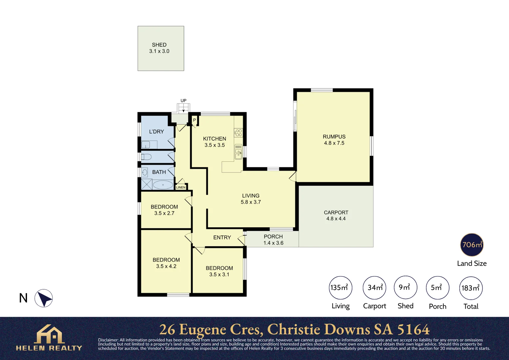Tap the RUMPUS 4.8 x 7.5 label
click(334, 140)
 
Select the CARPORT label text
click(336, 212)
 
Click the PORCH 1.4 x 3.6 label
click(273, 240)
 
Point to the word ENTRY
click(222, 237)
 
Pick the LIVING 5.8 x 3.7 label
click(251, 199)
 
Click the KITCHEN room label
click(215, 139)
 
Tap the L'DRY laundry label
click(156, 131)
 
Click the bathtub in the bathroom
click(163, 185)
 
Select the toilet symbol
click(146, 157)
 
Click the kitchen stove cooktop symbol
click(239, 133)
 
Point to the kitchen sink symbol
click(239, 152)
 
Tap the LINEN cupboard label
click(181, 187)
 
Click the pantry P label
click(195, 120)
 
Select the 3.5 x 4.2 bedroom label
click(166, 266)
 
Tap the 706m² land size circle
click(472, 245)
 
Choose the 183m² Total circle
click(471, 288)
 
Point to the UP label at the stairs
click(183, 101)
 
